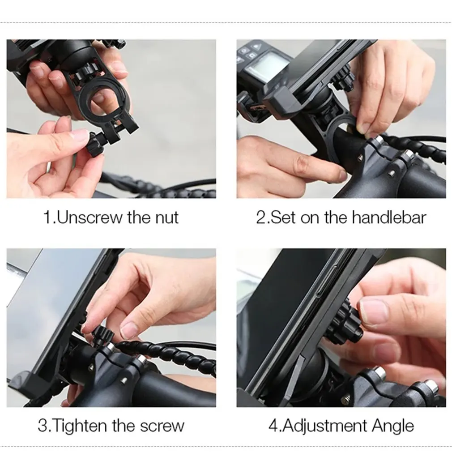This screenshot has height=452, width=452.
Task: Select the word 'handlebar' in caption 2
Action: [389, 217]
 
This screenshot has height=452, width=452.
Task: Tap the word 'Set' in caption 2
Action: [283, 217]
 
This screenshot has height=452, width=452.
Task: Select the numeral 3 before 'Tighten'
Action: [43, 425]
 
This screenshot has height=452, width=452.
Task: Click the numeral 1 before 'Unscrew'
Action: [47, 217]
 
